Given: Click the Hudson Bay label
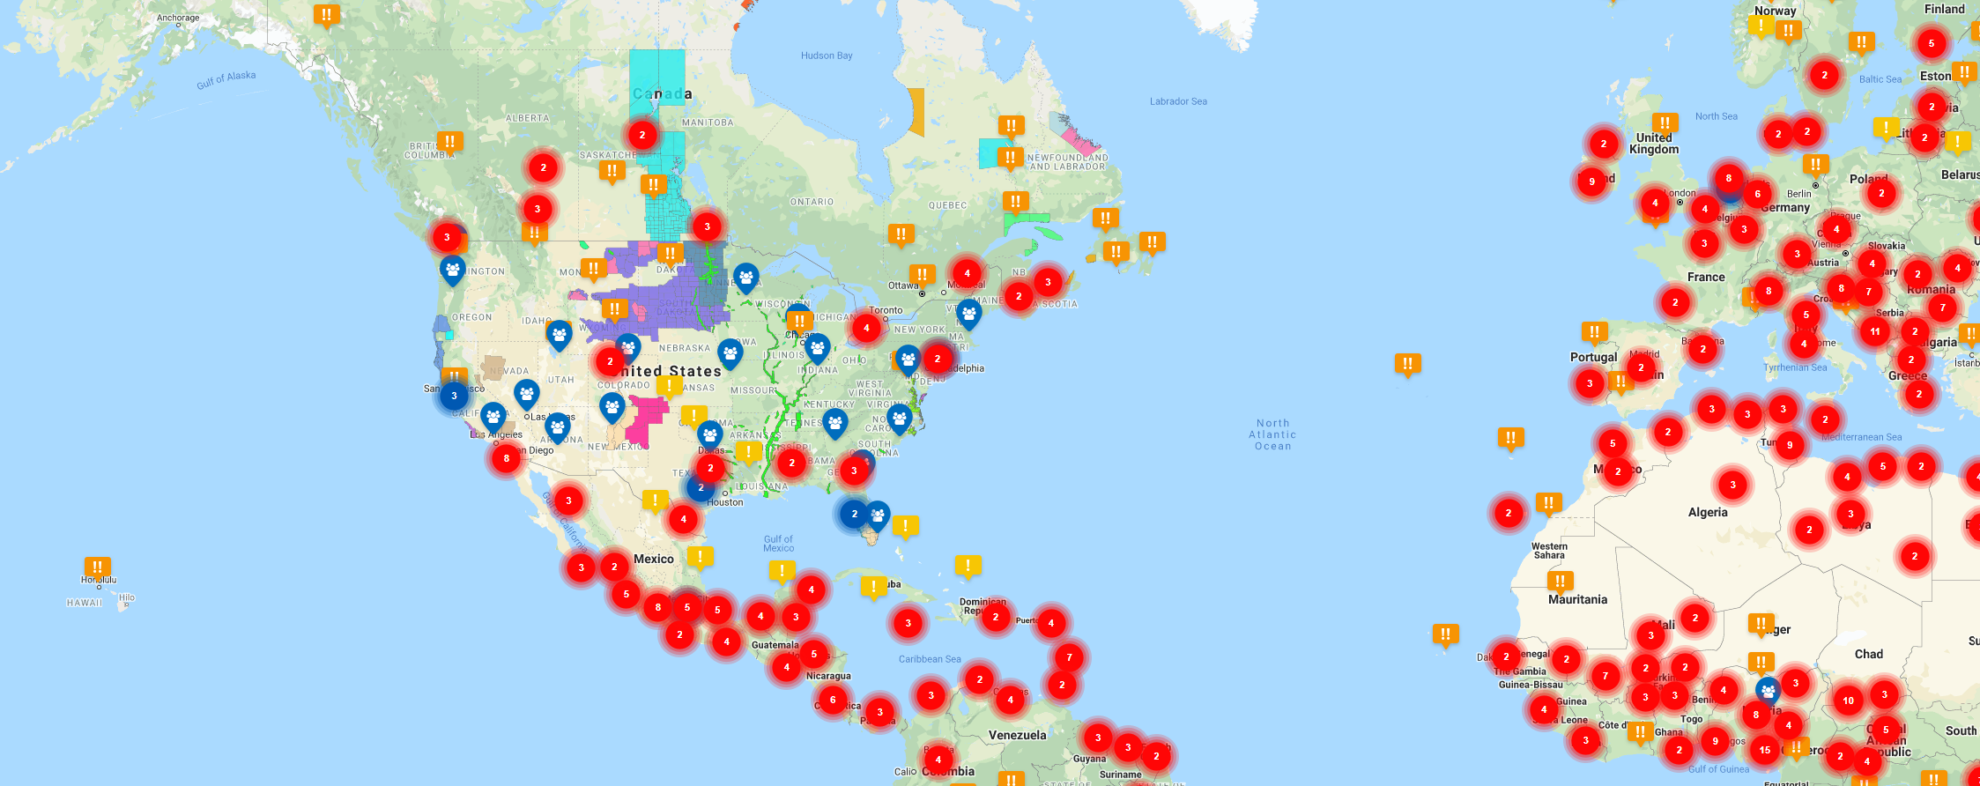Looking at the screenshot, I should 826,56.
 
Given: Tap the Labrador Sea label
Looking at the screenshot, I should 1178,101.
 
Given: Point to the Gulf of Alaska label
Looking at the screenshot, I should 226,80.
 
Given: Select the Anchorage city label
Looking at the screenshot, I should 178,18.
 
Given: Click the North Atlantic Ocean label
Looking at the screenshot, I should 1272,435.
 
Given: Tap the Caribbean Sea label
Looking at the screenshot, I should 929,659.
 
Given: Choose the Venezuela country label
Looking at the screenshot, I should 1017,735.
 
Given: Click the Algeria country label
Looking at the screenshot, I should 1707,512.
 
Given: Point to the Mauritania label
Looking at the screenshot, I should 1577,600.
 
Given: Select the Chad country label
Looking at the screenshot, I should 1868,654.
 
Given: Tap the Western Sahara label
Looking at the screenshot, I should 1549,551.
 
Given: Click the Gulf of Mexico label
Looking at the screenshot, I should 778,543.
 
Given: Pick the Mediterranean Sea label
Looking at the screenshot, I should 1861,437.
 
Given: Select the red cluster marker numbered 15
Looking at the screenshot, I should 1765,749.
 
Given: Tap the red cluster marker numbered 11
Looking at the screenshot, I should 1875,331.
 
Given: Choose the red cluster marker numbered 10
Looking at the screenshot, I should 1848,700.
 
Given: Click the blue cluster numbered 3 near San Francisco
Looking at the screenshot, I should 454,396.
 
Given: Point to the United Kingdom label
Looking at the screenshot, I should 1653,143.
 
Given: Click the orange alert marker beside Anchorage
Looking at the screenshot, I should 326,15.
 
